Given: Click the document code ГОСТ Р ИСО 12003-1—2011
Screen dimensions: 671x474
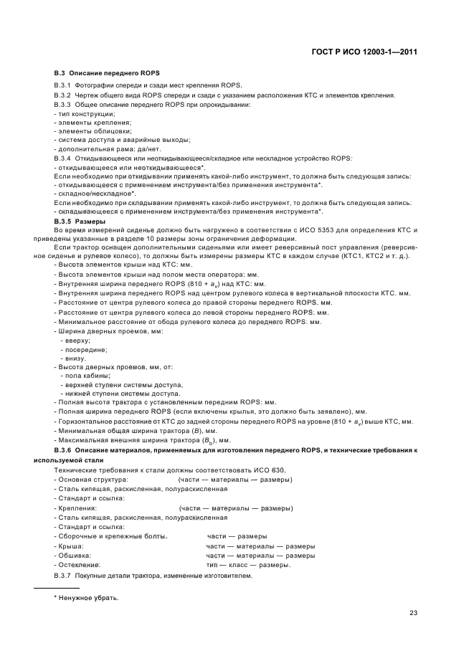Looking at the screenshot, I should [x=366, y=52].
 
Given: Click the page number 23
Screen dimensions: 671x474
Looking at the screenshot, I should [x=413, y=612].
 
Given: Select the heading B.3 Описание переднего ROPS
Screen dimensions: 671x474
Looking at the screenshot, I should [x=107, y=74].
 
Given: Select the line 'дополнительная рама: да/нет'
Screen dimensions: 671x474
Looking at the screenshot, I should [x=99, y=148].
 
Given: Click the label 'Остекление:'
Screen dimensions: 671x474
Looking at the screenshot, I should [x=80, y=564].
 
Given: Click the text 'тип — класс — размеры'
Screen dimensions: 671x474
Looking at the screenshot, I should [x=248, y=564].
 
